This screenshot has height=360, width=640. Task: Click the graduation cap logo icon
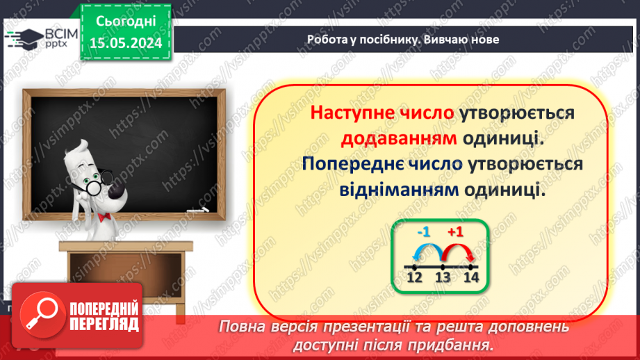click(x=26, y=39)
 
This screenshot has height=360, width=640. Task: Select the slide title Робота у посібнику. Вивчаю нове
click(x=403, y=40)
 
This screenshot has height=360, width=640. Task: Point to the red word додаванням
click(x=399, y=138)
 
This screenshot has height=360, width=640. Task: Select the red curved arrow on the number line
click(x=457, y=251)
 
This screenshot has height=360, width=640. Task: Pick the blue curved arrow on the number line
click(x=428, y=251)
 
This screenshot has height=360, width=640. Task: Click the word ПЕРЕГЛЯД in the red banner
click(x=104, y=324)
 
